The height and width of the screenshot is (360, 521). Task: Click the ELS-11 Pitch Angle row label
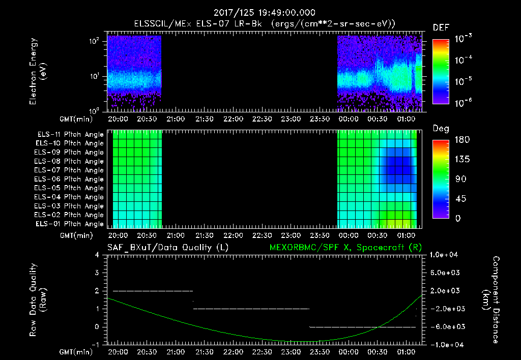[70, 135]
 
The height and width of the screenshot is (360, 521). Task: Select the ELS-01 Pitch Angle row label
[70, 224]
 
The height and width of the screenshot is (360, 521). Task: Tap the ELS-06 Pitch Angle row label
[70, 179]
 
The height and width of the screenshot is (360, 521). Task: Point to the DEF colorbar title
[441, 27]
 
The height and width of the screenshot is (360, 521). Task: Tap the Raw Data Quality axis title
[38, 300]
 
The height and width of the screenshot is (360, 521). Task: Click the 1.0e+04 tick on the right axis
[446, 255]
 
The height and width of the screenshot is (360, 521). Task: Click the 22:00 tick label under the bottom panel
[233, 352]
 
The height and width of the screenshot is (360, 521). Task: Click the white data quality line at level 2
[153, 291]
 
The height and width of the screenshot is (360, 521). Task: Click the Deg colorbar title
[441, 129]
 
